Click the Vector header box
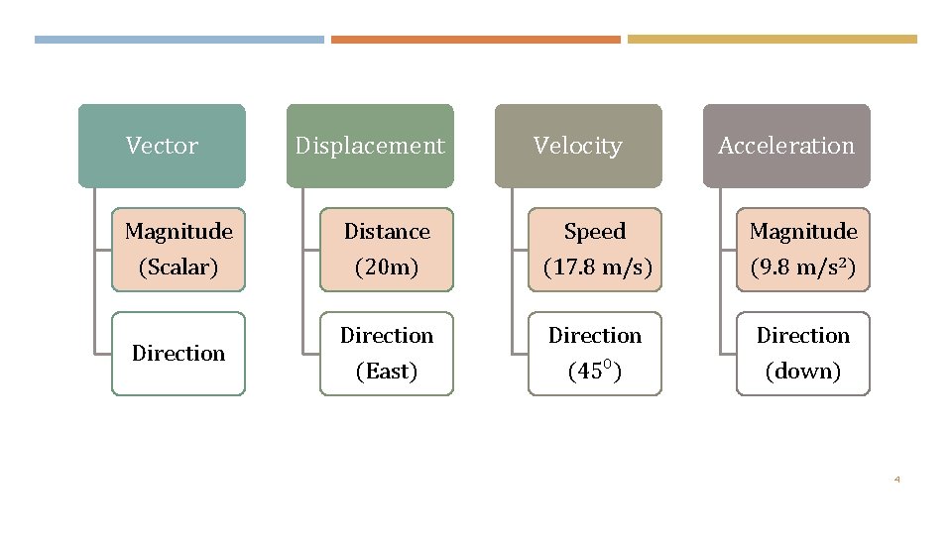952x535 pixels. coord(162,146)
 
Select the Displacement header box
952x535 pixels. coord(370,146)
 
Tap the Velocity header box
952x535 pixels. coord(578,146)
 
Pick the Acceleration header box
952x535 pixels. coord(786,146)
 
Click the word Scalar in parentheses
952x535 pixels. coord(178,267)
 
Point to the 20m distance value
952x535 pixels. coord(387,267)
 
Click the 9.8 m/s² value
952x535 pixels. coord(803,267)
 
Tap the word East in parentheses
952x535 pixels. coord(387,372)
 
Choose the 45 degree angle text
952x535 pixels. coord(595,372)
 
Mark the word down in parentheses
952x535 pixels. coord(803,372)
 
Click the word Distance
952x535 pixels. coord(387,232)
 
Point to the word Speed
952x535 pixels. coord(595,232)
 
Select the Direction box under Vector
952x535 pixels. coord(178,354)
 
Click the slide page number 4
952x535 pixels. coord(896,480)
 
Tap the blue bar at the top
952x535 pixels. coord(178,40)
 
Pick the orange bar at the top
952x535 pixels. coord(475,40)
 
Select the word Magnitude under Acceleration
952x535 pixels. coord(803,232)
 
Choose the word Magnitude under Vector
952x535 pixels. coord(178,232)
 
